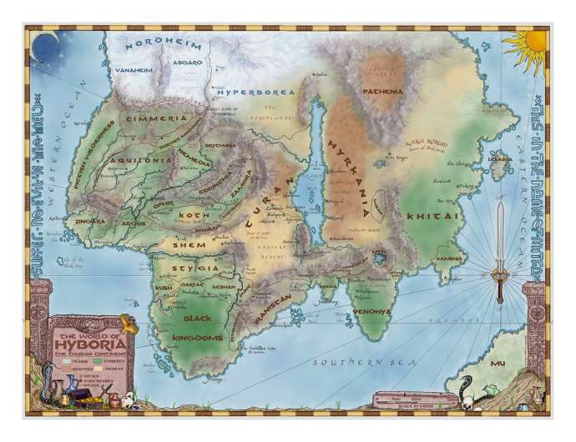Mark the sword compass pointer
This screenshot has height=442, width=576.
coord(500,250)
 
